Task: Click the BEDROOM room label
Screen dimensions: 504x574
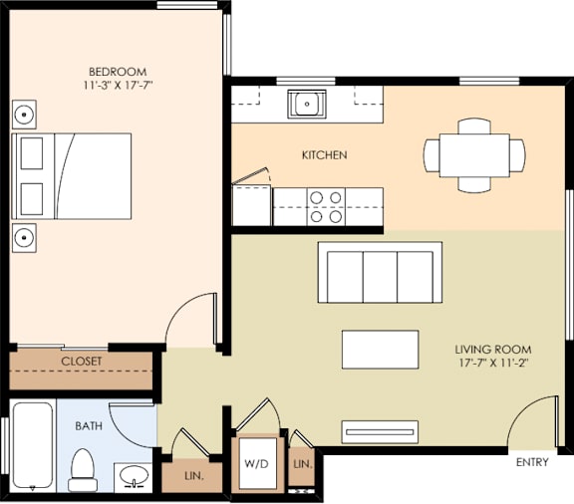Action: point(118,72)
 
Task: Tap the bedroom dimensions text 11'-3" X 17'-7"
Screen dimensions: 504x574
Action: point(118,86)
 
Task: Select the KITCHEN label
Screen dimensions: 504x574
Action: point(324,155)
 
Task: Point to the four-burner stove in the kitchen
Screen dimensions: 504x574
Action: point(325,206)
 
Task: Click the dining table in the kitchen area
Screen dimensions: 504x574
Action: point(474,155)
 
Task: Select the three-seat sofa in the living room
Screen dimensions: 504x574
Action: point(381,273)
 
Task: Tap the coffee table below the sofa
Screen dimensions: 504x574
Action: point(380,349)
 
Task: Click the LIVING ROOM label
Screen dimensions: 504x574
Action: point(492,350)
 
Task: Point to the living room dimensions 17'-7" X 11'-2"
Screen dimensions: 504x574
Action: point(492,365)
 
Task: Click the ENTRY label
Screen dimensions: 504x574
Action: point(532,463)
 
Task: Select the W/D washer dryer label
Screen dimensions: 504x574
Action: point(256,464)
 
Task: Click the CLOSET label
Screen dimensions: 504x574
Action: point(82,362)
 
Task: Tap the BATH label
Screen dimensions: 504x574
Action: point(89,426)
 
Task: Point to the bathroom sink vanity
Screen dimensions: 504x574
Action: point(132,476)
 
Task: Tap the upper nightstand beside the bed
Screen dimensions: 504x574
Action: point(25,113)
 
